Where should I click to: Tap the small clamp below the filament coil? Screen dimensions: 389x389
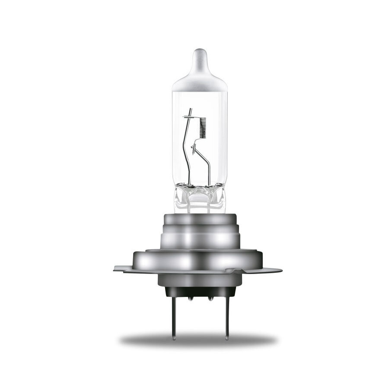pos(195,150)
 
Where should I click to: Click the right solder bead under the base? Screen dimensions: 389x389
pos(210,298)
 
